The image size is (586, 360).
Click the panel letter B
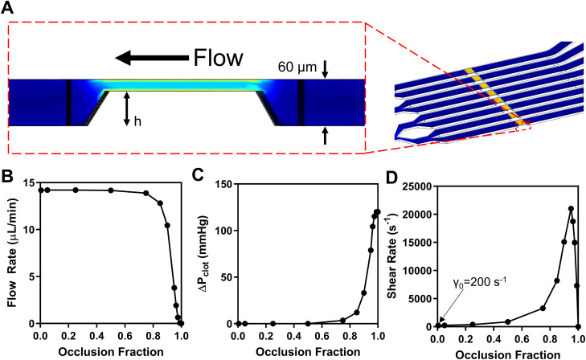tap(10, 174)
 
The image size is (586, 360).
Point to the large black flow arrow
tap(150, 58)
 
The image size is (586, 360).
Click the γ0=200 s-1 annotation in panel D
tap(478, 306)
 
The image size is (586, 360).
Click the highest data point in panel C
tap(378, 211)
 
